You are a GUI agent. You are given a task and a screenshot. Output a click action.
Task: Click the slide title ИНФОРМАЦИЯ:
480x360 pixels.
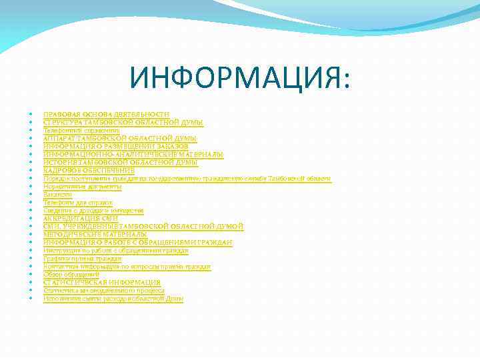pyautogui.click(x=240, y=77)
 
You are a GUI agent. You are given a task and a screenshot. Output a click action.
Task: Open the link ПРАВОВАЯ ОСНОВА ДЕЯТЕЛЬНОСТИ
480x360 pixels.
pyautogui.click(x=106, y=115)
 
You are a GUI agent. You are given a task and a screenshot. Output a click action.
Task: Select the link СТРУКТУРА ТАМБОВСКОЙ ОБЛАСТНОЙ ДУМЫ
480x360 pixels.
pyautogui.click(x=123, y=123)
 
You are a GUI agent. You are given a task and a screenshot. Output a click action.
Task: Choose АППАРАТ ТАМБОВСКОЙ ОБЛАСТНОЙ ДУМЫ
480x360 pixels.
pyautogui.click(x=120, y=139)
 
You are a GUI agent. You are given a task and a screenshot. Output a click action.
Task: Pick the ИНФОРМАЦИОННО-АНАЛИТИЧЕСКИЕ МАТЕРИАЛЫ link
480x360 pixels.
pyautogui.click(x=133, y=155)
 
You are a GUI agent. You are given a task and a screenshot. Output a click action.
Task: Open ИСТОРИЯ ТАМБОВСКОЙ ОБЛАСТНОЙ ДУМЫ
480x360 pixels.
pyautogui.click(x=121, y=163)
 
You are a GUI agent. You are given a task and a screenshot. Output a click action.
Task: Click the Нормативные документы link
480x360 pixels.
pyautogui.click(x=83, y=187)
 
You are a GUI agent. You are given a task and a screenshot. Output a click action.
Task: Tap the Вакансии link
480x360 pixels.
pyautogui.click(x=57, y=195)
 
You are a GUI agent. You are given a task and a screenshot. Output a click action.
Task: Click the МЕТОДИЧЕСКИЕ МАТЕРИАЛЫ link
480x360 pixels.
pyautogui.click(x=95, y=235)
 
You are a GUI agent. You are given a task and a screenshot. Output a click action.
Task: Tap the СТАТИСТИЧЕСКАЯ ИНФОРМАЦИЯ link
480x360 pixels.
pyautogui.click(x=102, y=283)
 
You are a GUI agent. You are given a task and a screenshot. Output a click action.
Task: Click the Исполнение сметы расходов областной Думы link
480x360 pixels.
pyautogui.click(x=113, y=299)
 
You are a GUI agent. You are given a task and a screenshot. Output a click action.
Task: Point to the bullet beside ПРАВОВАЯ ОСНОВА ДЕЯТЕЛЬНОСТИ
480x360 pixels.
pyautogui.click(x=32, y=115)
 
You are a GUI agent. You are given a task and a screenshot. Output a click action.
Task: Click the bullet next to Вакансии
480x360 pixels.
pyautogui.click(x=32, y=195)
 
